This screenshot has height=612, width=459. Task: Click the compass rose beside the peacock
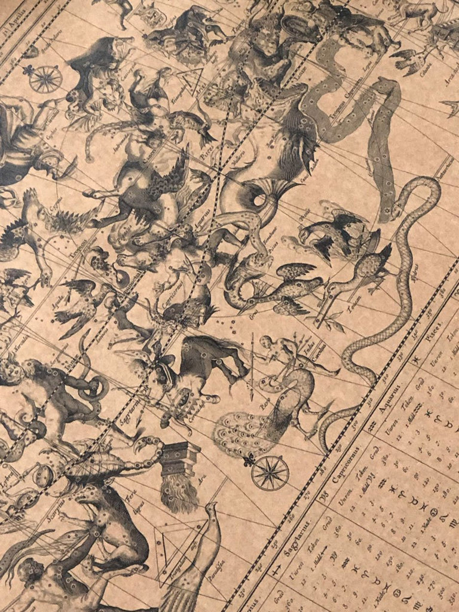point(270,472)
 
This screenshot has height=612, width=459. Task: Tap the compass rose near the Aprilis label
point(45,79)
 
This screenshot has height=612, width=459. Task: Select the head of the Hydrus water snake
point(430,185)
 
